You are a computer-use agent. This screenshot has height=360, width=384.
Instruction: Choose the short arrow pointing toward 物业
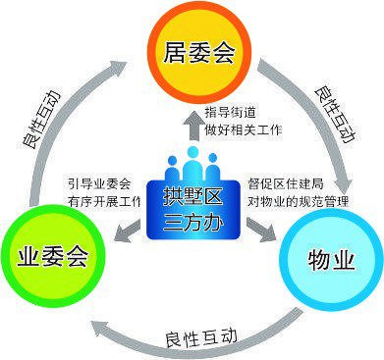(x=262, y=232)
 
